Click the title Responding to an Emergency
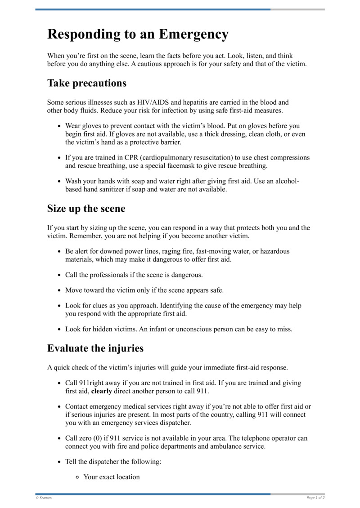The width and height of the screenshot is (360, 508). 138,34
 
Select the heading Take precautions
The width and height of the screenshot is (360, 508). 87,83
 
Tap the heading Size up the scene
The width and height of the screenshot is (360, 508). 86,209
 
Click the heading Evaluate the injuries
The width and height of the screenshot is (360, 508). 95,348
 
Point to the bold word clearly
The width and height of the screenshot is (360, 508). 102,391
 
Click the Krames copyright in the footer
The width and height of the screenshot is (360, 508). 44,498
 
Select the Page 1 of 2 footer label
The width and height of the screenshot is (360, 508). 315,498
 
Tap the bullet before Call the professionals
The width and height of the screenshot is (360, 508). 59,275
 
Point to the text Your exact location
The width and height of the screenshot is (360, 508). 112,477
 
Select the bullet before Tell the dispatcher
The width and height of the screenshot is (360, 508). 59,462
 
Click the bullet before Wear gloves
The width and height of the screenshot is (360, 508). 59,126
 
